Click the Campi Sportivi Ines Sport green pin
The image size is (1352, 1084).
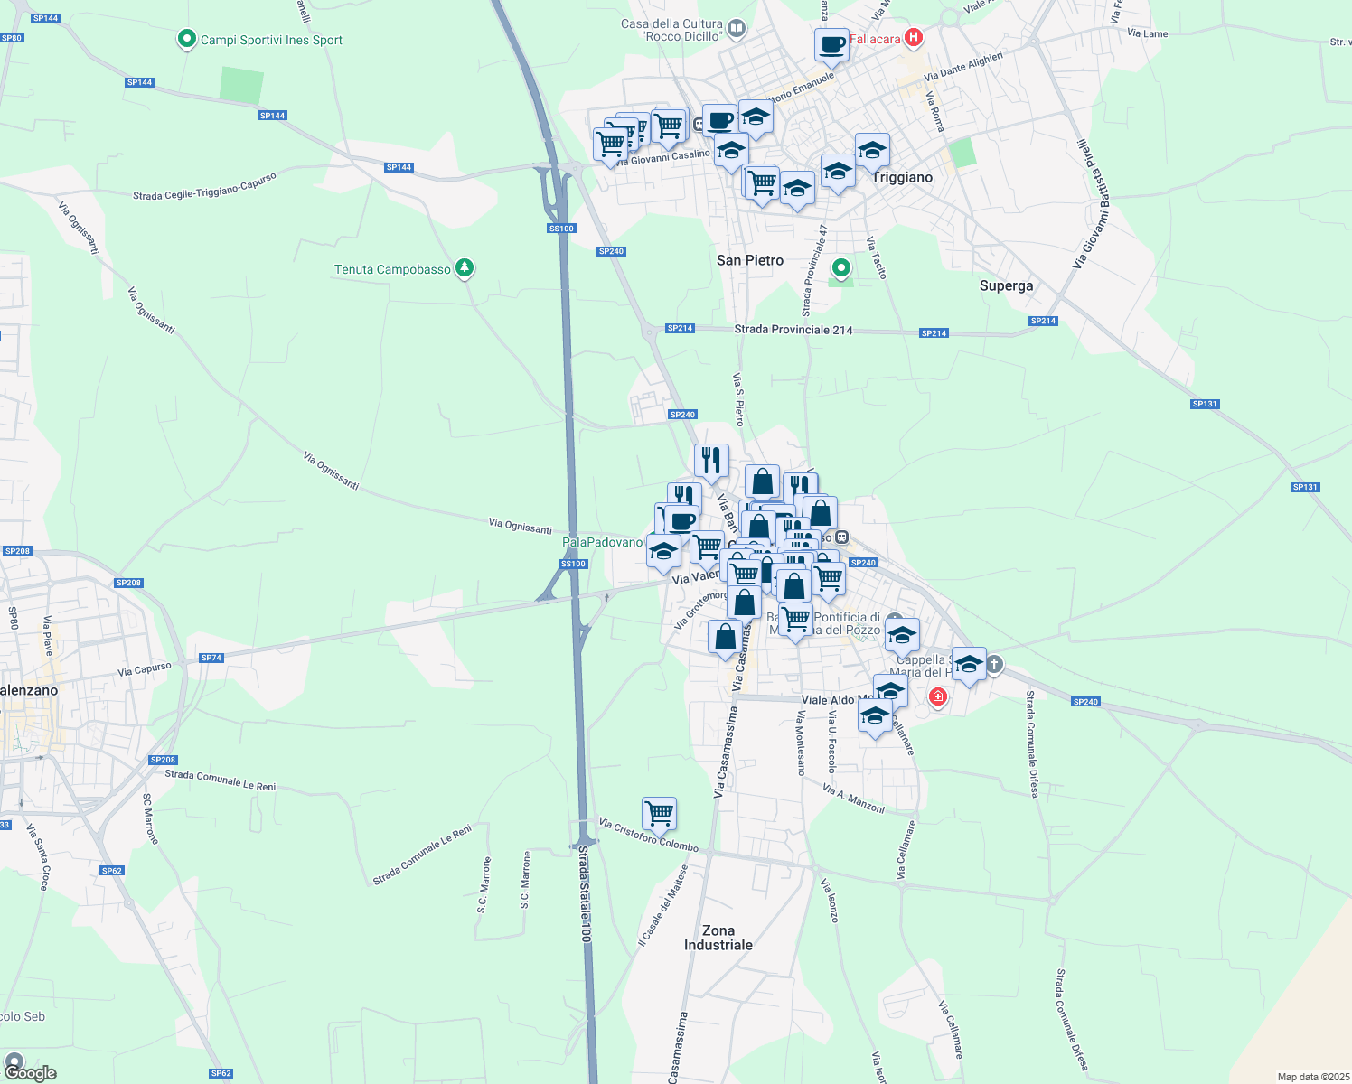(187, 39)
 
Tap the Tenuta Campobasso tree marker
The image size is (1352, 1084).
(465, 268)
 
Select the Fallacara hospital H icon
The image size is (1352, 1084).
(914, 38)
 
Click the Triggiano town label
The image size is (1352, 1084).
(902, 177)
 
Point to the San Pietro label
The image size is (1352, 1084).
(750, 260)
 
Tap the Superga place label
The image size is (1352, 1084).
(1006, 285)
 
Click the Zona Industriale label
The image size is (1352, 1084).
(718, 938)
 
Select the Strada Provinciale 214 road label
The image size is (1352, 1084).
(793, 330)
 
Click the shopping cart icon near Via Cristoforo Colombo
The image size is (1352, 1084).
(659, 813)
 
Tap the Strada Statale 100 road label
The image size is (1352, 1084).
(585, 894)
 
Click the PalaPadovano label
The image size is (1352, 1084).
(602, 542)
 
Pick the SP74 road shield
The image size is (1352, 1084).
(211, 658)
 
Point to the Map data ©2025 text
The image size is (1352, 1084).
(1310, 1077)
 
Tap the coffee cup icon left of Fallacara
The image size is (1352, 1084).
(831, 44)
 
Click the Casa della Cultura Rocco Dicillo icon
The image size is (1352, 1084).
(737, 29)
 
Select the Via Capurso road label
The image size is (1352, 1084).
(144, 669)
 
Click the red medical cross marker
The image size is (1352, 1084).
(938, 696)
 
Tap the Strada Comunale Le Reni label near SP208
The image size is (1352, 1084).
(220, 780)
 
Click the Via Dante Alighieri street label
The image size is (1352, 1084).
(963, 66)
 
